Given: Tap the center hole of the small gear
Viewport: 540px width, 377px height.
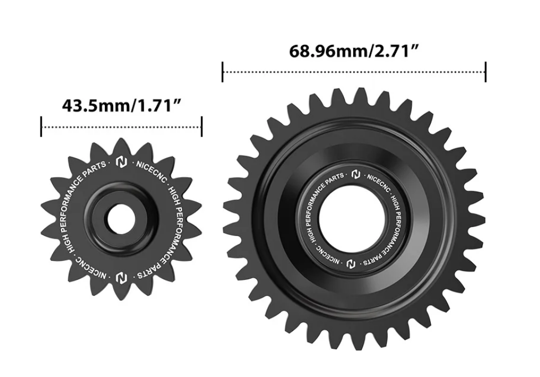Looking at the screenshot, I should point(120,220).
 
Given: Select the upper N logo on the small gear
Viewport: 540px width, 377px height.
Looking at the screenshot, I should point(121,163).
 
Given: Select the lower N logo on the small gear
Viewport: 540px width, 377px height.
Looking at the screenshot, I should point(121,277).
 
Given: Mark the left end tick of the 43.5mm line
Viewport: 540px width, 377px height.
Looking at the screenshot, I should point(42,127).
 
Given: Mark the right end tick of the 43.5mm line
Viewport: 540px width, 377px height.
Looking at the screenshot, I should point(201,127).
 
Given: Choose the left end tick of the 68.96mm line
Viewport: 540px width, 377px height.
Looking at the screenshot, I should point(222,72).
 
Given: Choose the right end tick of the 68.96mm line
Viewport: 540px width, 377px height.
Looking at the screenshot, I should point(486,72).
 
